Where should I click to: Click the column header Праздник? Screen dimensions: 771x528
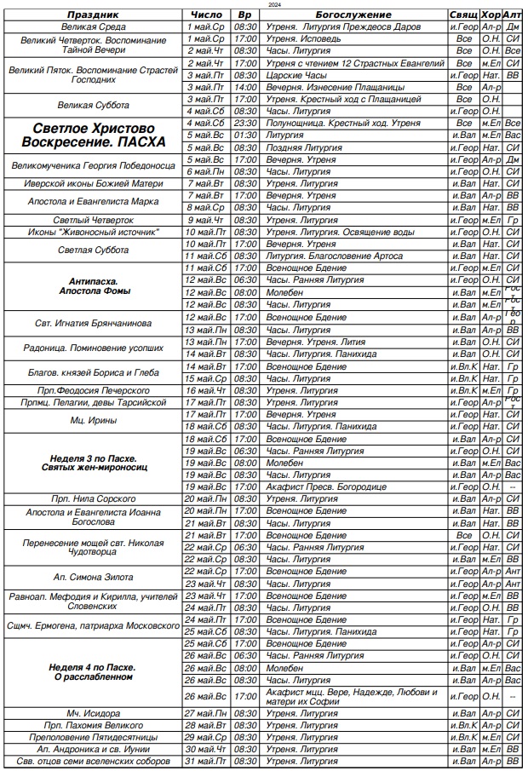(94, 15)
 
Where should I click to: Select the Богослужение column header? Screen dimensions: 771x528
(353, 15)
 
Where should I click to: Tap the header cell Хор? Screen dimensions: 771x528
(491, 15)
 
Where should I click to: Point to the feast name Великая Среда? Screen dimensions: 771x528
(94, 27)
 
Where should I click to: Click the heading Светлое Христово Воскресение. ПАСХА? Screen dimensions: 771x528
(94, 135)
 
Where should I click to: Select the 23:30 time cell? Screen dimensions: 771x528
(244, 124)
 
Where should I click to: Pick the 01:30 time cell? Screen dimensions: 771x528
(244, 135)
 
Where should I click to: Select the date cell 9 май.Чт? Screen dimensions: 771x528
(204, 220)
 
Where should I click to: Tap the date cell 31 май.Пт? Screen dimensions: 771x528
(204, 761)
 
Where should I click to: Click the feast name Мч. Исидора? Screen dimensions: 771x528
(94, 712)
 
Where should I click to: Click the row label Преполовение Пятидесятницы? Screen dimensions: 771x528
(94, 736)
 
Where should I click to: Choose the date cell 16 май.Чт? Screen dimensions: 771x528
(204, 389)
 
